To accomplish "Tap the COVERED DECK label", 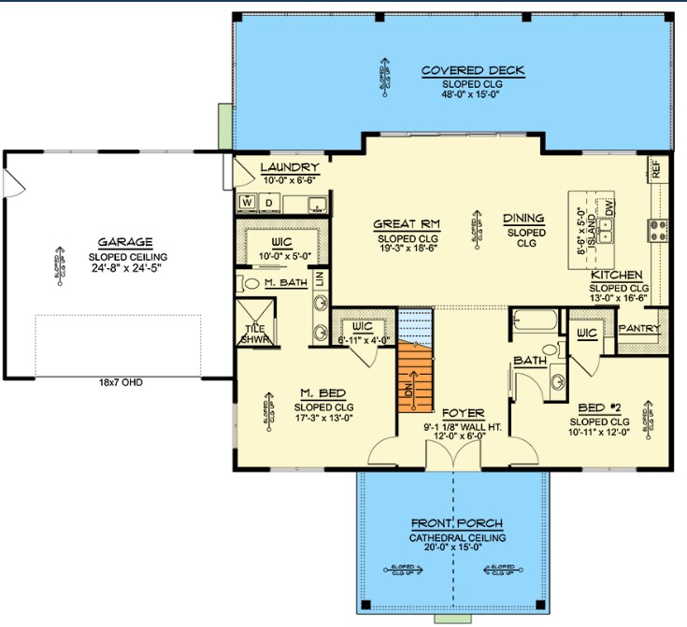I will tap(472, 71).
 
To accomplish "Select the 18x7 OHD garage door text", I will tap(118, 382).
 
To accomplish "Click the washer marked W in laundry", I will tap(248, 202).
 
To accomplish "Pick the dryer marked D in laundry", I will tap(268, 202).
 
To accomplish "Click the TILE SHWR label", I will tap(256, 334).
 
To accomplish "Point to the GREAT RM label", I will tap(407, 224).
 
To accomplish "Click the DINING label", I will tap(523, 219).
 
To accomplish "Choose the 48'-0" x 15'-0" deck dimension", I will tap(472, 94).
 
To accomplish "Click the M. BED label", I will tap(320, 393).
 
